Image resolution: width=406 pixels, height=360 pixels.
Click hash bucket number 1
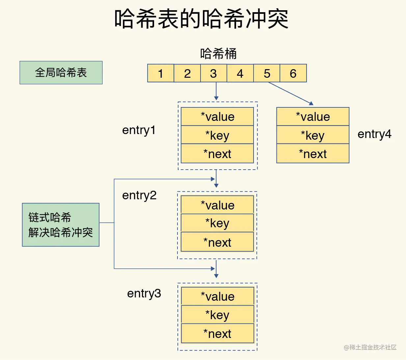161,73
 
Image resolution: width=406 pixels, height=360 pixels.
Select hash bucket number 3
214,73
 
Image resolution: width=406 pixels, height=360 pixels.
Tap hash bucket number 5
267,73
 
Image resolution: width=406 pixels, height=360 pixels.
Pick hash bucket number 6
293,73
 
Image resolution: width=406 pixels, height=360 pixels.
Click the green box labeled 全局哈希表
61,72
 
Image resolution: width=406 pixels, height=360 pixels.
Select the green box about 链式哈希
61,225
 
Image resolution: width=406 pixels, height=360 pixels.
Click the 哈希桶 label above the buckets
218,54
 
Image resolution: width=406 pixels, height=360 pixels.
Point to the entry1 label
139,130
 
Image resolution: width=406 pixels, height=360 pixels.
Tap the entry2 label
139,195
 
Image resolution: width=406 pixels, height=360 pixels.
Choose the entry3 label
144,293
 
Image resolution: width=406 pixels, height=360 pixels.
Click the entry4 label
374,134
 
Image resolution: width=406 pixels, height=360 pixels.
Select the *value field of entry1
217,117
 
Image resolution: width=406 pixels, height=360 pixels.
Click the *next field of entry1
217,154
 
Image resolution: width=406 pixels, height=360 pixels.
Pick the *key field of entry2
217,223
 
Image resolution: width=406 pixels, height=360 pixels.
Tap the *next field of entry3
217,334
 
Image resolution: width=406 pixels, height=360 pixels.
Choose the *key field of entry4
313,135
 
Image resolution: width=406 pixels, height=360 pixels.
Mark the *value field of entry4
313,117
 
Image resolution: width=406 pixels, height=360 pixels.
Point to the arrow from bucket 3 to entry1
216,91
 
